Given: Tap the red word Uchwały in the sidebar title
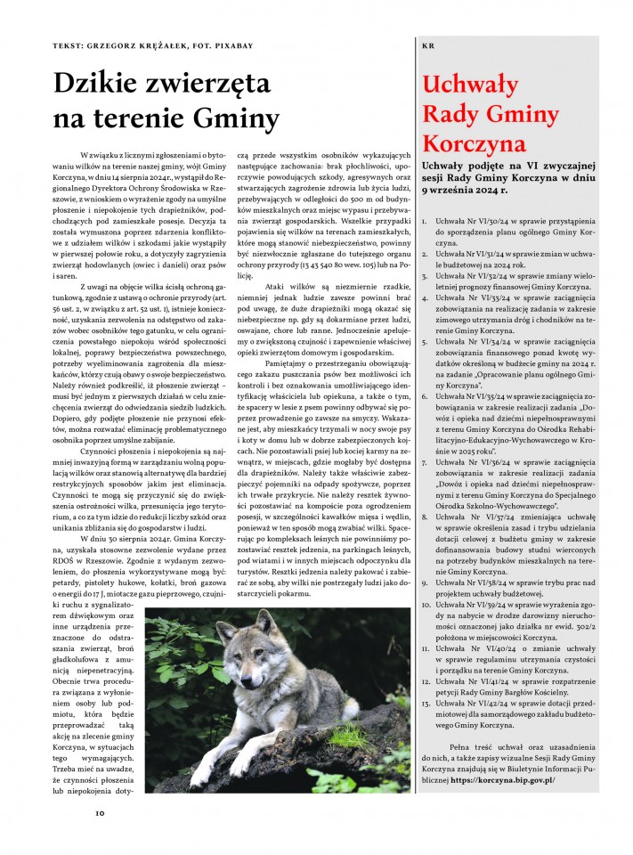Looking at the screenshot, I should tap(470, 85).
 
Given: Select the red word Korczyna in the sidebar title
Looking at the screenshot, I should tap(476, 143).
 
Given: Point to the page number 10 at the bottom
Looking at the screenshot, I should tap(101, 811).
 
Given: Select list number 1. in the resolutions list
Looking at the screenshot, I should tap(425, 219).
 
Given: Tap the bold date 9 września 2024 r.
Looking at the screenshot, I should tap(468, 190).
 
